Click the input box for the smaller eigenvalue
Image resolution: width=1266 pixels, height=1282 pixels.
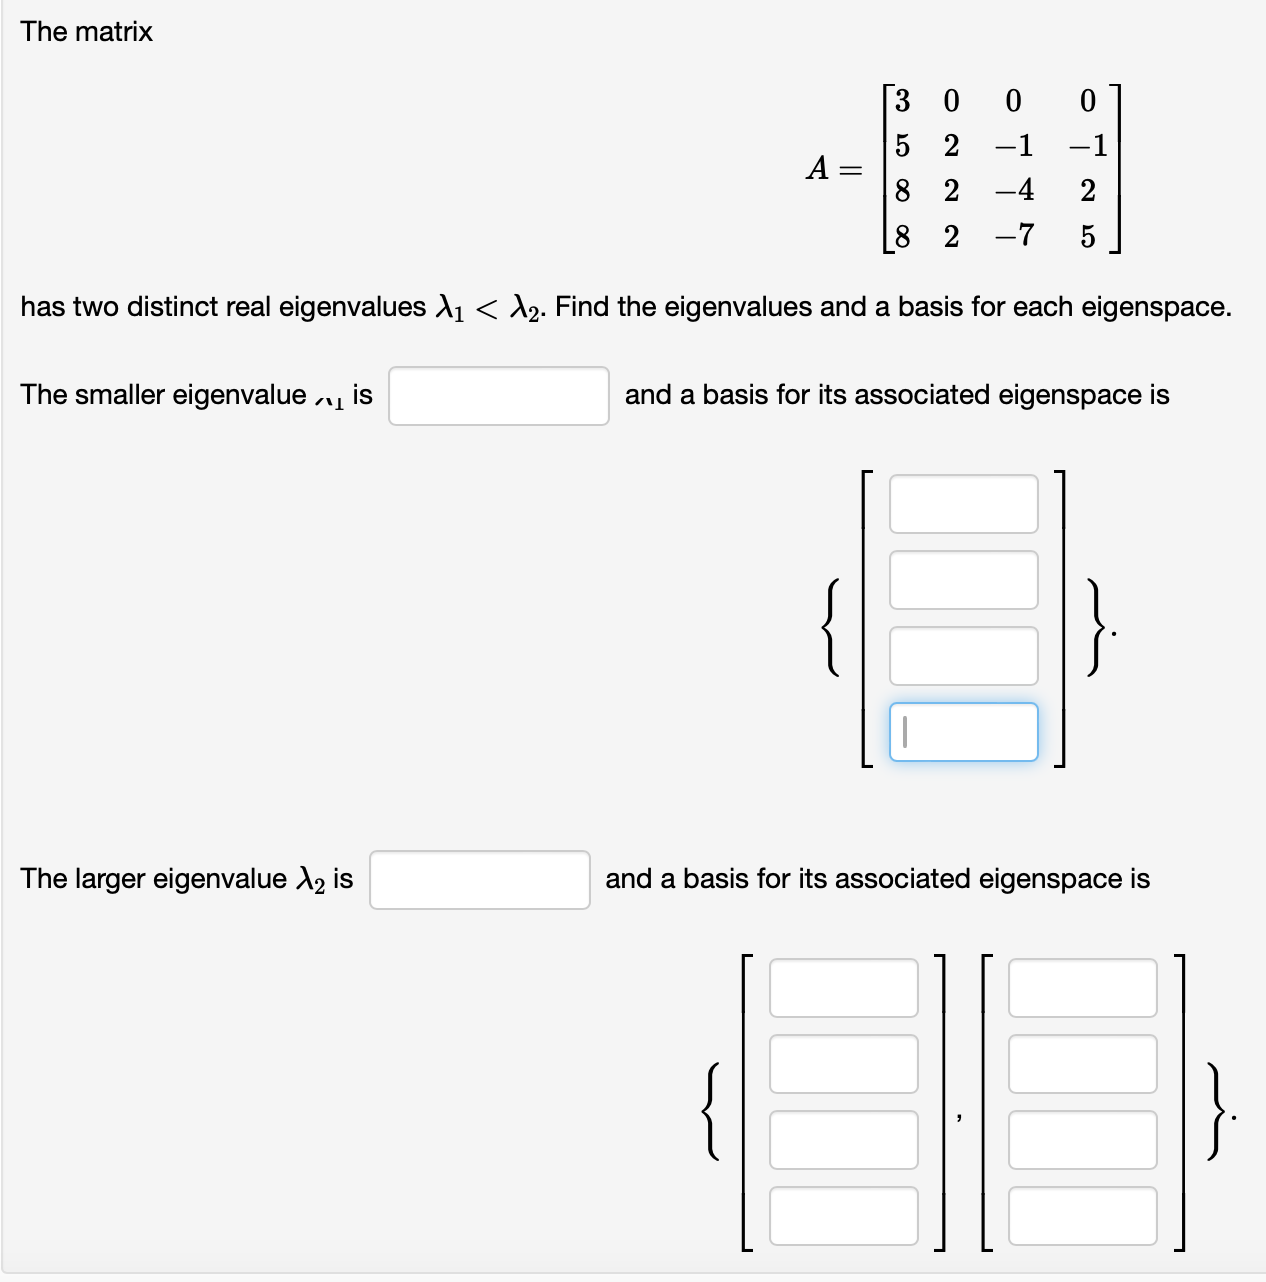(498, 396)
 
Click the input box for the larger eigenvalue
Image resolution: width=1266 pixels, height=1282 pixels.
(479, 880)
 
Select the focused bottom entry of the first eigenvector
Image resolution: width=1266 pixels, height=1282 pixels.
(963, 732)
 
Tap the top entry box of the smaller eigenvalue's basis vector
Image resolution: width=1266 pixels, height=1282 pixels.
(963, 504)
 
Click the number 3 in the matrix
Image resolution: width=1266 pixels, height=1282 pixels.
(902, 101)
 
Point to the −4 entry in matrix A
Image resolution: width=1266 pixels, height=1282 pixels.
(1014, 190)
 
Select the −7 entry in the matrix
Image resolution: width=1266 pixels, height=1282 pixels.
(1014, 236)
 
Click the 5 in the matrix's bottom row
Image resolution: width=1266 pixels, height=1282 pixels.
(1087, 237)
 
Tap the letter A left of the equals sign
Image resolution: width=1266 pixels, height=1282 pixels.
(818, 168)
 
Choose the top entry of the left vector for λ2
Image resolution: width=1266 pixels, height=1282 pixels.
(843, 988)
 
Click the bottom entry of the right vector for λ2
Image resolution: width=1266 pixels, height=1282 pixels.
(1082, 1216)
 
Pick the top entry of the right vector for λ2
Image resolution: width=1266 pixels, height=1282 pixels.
(1082, 988)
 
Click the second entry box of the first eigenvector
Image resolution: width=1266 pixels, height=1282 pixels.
(963, 580)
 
